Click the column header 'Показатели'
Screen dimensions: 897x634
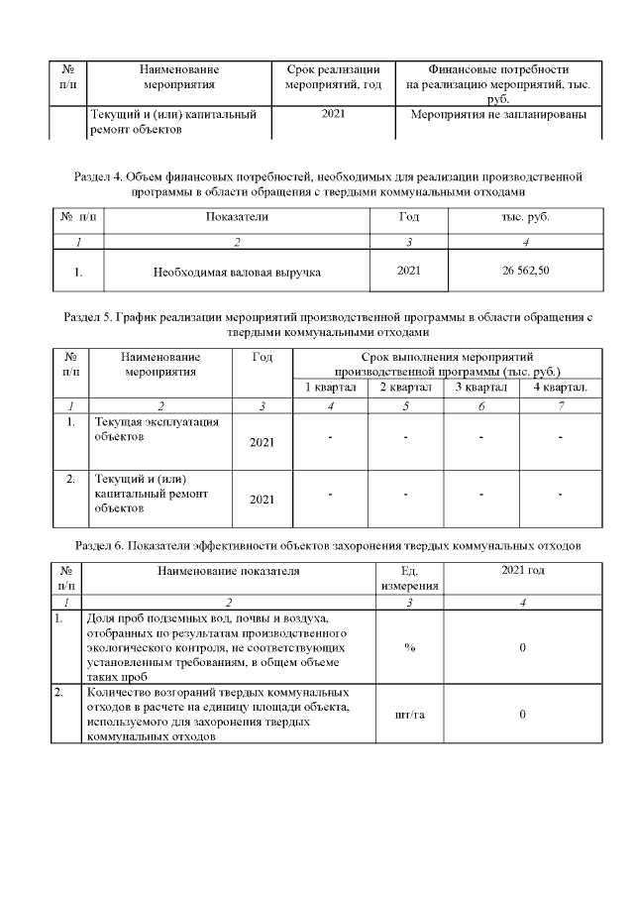[x=237, y=215]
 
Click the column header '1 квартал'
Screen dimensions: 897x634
[x=330, y=387]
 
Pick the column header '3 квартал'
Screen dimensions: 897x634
[x=480, y=387]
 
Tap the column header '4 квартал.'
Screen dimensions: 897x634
[x=560, y=387]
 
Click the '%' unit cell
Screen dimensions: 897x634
[x=409, y=647]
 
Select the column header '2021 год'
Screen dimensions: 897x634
[x=522, y=571]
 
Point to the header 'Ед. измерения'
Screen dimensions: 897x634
[x=409, y=579]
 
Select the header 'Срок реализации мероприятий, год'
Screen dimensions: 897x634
[x=333, y=77]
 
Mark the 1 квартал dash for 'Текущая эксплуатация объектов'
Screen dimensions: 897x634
[x=330, y=437]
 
